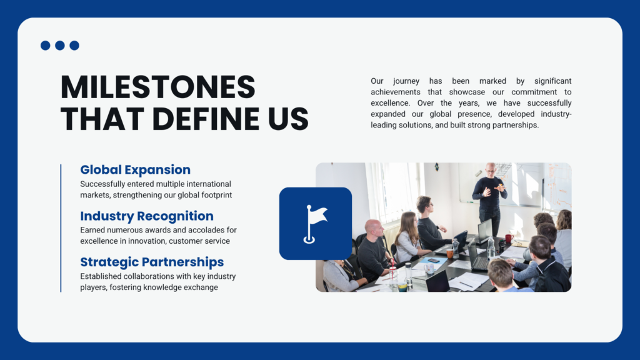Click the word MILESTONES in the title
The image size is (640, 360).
(x=157, y=87)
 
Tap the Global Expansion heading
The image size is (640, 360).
(x=135, y=169)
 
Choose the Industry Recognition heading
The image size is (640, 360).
(x=146, y=216)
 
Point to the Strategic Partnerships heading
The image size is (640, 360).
(x=152, y=262)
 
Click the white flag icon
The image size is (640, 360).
(x=315, y=224)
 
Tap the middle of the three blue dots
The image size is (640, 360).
(x=60, y=45)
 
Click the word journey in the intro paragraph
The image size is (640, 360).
(x=406, y=81)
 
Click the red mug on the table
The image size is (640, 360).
(x=509, y=238)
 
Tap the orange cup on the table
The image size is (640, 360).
(x=450, y=254)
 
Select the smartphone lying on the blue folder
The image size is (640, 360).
(x=434, y=261)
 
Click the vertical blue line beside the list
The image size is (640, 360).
(x=61, y=228)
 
